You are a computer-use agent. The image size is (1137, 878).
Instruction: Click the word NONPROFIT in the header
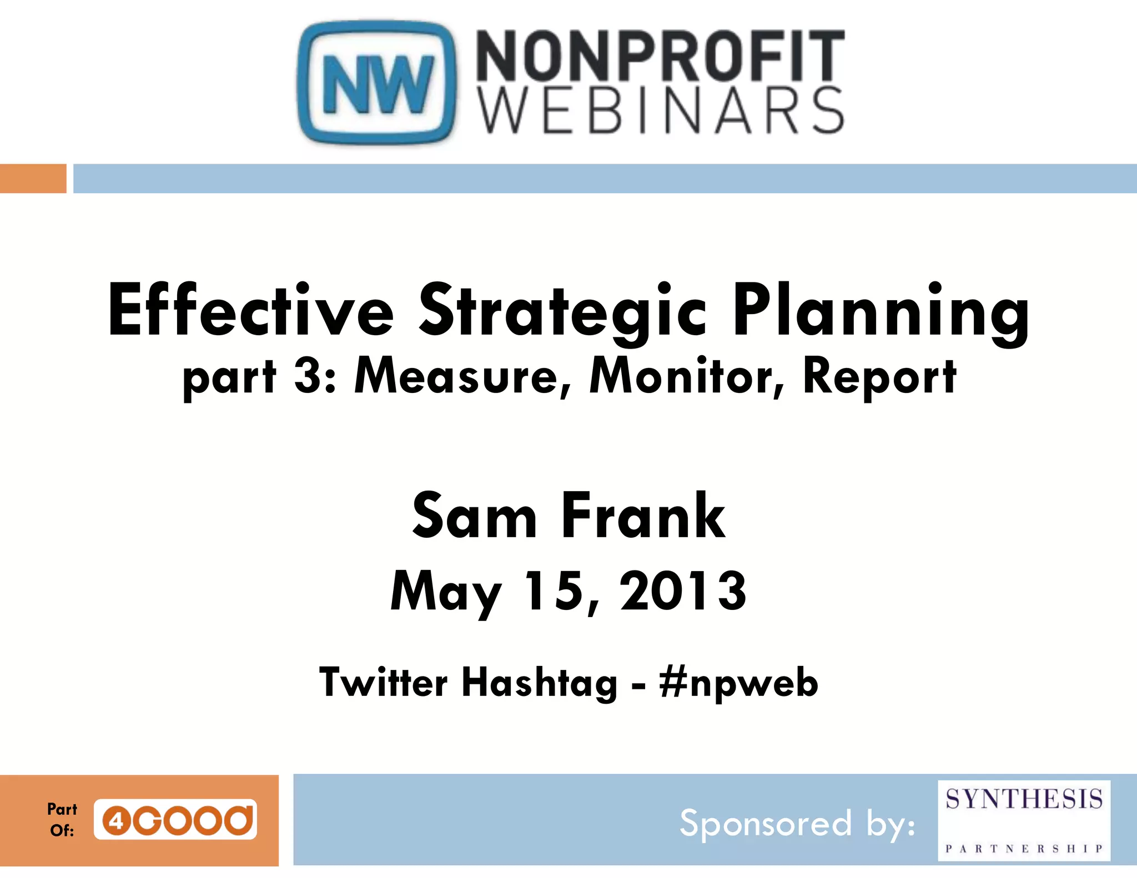tap(660, 55)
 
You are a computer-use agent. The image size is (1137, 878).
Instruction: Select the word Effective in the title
tap(250, 311)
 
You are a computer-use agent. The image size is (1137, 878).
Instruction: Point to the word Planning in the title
tap(881, 311)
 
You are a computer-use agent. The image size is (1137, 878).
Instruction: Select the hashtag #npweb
tap(738, 683)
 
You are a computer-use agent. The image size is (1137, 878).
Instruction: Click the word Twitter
tap(383, 683)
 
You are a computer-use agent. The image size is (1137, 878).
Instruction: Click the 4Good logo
tap(175, 819)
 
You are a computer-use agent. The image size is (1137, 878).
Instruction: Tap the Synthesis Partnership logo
tap(1024, 820)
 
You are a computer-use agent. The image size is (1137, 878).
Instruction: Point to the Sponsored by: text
tap(797, 824)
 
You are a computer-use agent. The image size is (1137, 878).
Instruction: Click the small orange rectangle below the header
tap(33, 179)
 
